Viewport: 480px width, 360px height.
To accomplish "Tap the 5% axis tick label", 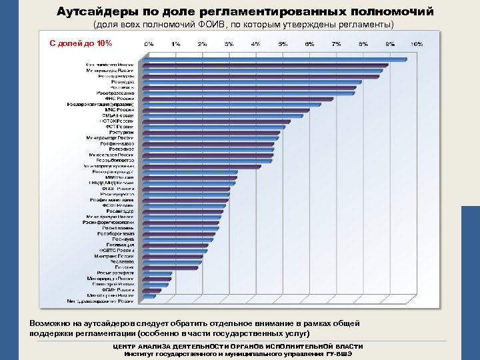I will click(282, 44).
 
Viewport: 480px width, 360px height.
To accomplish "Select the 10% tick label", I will click(416, 44).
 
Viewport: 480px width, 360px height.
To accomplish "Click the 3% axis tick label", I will click(228, 44).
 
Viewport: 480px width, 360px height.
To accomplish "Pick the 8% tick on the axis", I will click(363, 44).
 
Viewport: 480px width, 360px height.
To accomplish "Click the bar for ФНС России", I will click(240, 99).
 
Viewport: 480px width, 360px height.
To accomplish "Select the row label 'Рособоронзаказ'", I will click(116, 234).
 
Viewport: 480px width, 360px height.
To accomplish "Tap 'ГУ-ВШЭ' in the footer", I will click(338, 353).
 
